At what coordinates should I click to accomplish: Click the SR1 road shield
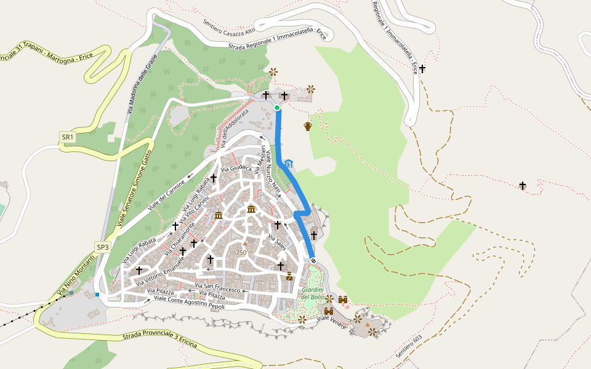[x=67, y=137]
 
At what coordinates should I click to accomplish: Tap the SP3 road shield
[x=102, y=247]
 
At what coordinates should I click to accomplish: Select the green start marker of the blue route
[x=277, y=108]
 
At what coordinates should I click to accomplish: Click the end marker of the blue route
[x=313, y=261]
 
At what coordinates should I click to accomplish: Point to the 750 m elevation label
[x=244, y=253]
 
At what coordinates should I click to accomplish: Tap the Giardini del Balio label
[x=313, y=293]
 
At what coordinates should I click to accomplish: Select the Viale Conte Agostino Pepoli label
[x=188, y=301]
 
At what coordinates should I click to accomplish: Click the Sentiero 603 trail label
[x=409, y=348]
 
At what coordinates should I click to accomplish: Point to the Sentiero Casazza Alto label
[x=229, y=26]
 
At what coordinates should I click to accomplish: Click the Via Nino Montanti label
[x=76, y=274]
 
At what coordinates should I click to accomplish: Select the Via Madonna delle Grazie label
[x=143, y=84]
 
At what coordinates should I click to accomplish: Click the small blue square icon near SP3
[x=97, y=295]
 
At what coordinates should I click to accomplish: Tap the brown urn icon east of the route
[x=308, y=127]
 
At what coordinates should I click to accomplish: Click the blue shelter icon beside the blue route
[x=289, y=164]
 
